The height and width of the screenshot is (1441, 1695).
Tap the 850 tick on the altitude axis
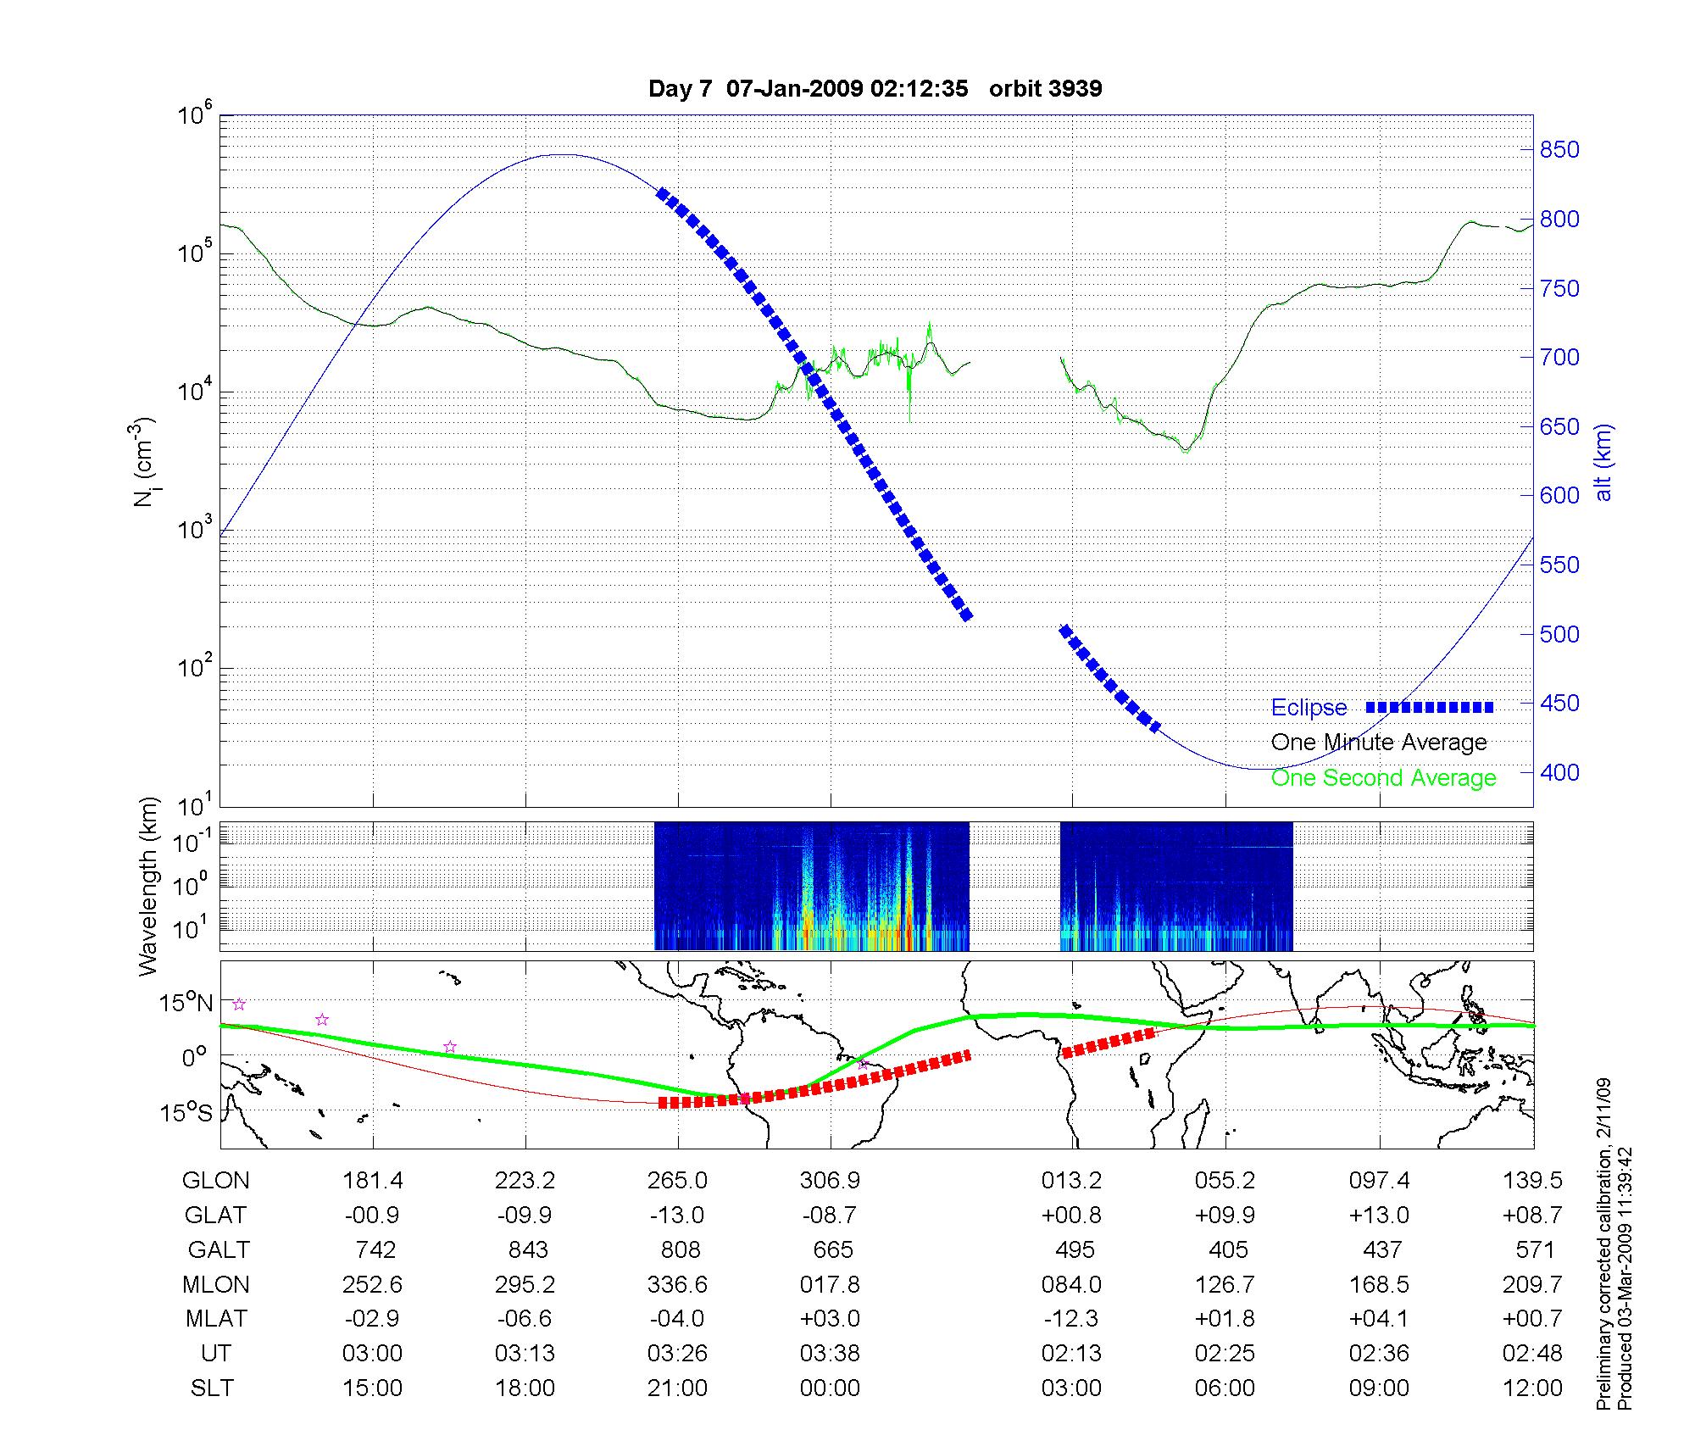coord(1559,150)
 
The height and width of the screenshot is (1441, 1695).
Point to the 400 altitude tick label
coord(1559,772)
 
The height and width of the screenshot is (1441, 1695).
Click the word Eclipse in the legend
coord(1309,708)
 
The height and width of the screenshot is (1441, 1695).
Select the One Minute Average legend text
coord(1379,743)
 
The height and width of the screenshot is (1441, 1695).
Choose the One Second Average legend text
coord(1383,778)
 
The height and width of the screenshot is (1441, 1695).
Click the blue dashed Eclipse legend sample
coord(1430,707)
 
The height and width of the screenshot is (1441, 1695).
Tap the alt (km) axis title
coord(1603,463)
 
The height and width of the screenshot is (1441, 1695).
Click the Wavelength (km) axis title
coord(149,887)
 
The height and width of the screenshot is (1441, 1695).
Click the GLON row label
coord(216,1181)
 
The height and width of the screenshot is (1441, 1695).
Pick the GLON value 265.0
coord(677,1181)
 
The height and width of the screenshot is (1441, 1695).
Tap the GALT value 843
coord(525,1250)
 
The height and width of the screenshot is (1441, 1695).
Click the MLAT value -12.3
coord(1071,1319)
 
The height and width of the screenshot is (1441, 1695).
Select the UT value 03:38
coord(830,1354)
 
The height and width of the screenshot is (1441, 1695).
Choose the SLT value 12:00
coord(1531,1388)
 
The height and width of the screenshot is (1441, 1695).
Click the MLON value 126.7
coord(1225,1285)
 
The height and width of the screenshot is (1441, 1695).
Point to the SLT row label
coord(212,1388)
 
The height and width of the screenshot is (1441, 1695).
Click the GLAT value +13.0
coord(1379,1216)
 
